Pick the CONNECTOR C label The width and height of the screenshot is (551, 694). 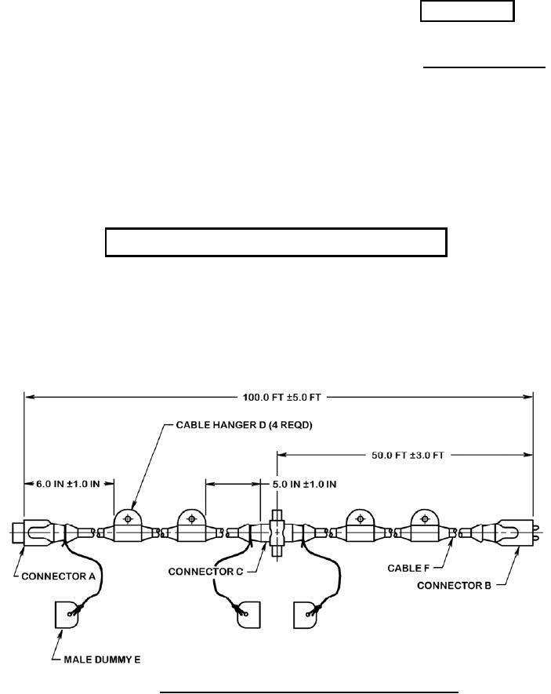(x=205, y=572)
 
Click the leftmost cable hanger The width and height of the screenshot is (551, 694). (x=127, y=527)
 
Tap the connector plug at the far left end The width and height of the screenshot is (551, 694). (x=31, y=533)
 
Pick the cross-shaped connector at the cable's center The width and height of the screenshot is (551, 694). (x=276, y=534)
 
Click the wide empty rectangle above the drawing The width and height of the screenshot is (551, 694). (x=276, y=243)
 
